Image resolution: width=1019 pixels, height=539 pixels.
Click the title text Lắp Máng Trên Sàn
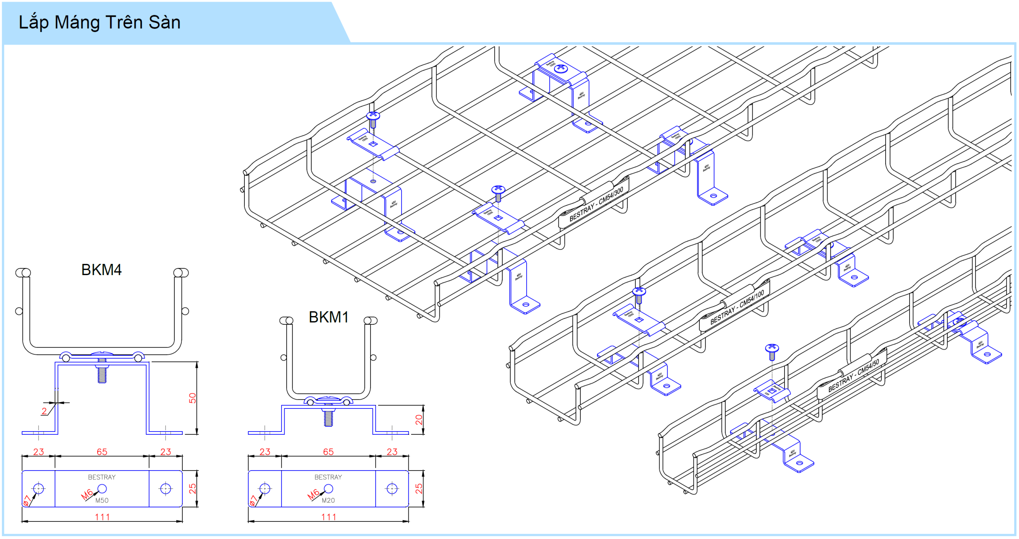tap(100, 22)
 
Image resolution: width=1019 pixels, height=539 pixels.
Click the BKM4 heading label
tap(101, 270)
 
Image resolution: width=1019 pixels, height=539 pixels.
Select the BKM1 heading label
tap(328, 317)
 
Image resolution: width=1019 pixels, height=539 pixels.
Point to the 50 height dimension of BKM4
tap(192, 398)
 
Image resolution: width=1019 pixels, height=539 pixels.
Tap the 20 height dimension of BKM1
tap(418, 420)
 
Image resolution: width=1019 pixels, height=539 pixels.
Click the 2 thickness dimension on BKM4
tap(44, 411)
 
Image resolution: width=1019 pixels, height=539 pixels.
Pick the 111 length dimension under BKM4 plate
tap(102, 517)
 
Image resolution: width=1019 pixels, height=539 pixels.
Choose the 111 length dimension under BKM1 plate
tap(329, 517)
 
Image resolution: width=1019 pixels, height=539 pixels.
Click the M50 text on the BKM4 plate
tap(102, 500)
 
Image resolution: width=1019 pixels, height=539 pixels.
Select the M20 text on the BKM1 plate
tap(328, 500)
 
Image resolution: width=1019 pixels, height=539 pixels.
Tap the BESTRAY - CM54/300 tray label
tap(596, 204)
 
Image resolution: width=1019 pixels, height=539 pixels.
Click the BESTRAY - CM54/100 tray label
tap(737, 307)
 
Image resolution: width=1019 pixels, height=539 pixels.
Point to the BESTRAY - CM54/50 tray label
tap(853, 376)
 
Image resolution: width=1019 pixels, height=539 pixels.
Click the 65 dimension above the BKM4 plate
tap(102, 452)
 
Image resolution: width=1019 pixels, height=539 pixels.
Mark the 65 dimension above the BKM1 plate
tap(328, 452)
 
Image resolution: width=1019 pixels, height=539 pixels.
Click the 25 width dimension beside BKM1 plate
tap(418, 488)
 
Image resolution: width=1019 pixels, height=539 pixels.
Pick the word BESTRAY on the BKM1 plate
tap(328, 477)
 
